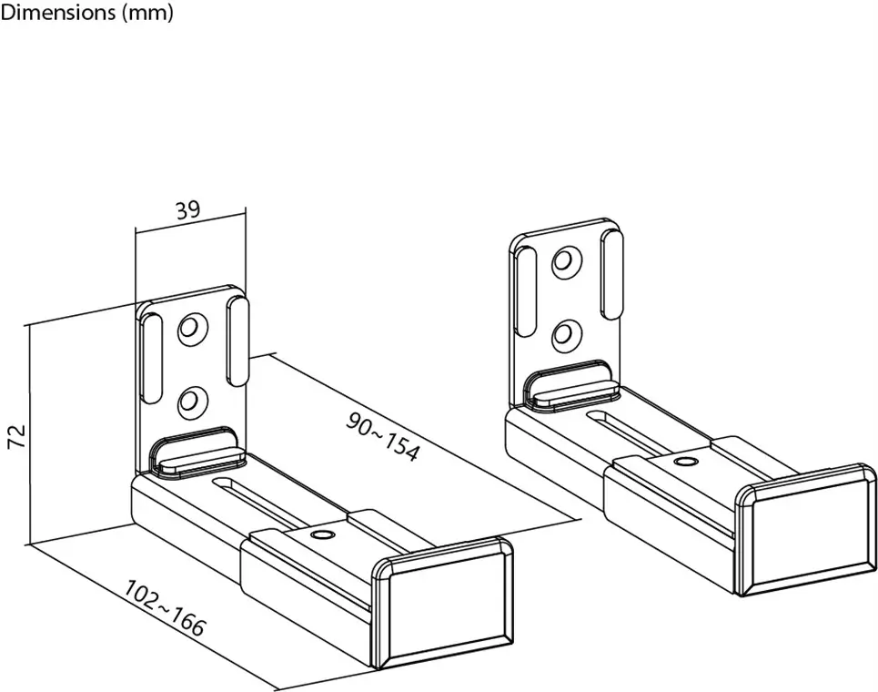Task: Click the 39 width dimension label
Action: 187,210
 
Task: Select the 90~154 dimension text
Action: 384,435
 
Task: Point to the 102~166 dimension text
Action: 165,608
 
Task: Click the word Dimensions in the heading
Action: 56,14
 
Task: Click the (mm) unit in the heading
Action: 146,14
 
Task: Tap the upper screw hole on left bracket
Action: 190,328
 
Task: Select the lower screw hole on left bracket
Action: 190,399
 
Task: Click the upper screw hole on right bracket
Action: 565,262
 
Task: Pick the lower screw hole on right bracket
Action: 565,332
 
